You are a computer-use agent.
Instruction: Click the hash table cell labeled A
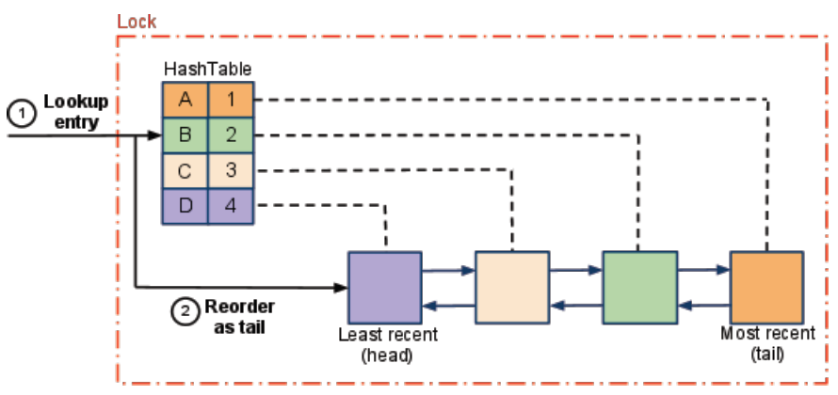185,100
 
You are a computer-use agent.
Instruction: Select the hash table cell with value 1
231,100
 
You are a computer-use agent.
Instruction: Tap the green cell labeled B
185,134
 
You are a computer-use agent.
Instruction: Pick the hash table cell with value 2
231,134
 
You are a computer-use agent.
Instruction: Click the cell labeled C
185,170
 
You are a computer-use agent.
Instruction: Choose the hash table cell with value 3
231,170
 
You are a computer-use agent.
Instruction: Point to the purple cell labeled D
185,205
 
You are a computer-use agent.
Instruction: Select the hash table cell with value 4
231,205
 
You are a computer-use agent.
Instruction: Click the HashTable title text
207,70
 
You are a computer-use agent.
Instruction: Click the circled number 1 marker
19,111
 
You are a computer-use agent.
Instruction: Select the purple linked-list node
384,287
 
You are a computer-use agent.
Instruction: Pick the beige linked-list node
511,287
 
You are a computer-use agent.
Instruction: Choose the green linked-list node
639,287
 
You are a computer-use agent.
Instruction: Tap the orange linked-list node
766,287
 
